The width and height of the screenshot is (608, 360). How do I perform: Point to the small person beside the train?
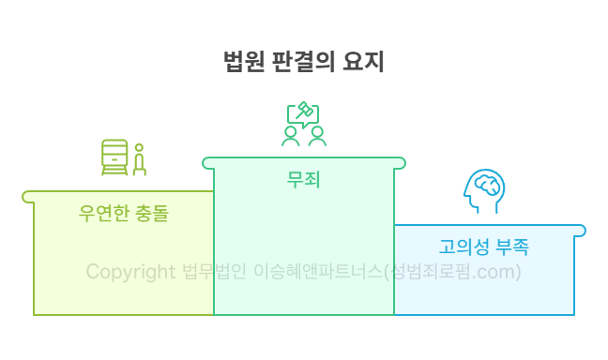[x=140, y=160]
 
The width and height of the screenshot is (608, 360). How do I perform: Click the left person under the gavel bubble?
[x=291, y=137]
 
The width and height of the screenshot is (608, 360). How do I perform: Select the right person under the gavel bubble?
[x=317, y=137]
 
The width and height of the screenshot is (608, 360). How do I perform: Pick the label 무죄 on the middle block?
[x=304, y=178]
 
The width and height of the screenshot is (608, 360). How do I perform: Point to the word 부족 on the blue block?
[x=511, y=247]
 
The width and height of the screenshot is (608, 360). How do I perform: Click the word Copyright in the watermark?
[x=130, y=272]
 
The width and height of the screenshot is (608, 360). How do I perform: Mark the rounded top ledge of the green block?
[x=304, y=163]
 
